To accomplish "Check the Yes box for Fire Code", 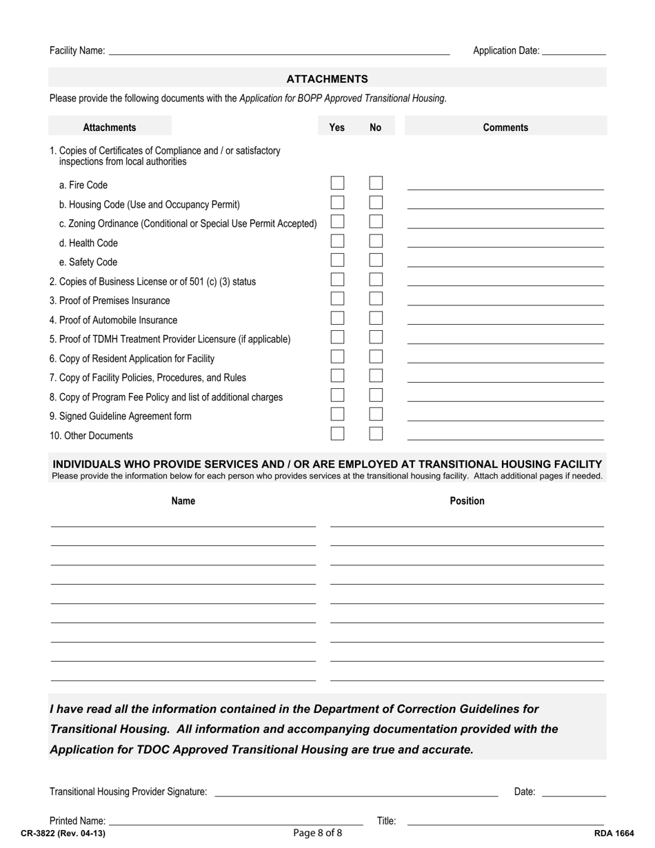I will tap(337, 183).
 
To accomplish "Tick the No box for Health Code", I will tap(376, 241).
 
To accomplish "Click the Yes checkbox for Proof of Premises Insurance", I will tap(337, 299).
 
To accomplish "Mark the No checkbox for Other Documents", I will tap(376, 434).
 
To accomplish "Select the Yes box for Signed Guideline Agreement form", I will tap(337, 414).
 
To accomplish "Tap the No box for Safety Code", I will tap(376, 261).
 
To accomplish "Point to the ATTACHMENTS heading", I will tap(327, 79).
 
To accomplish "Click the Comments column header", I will tap(505, 128).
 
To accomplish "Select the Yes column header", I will tap(337, 128).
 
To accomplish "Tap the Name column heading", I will tap(183, 501).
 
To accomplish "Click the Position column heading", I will tap(467, 501).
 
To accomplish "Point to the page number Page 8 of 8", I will tap(317, 833).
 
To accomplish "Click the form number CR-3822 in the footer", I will tap(63, 834).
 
